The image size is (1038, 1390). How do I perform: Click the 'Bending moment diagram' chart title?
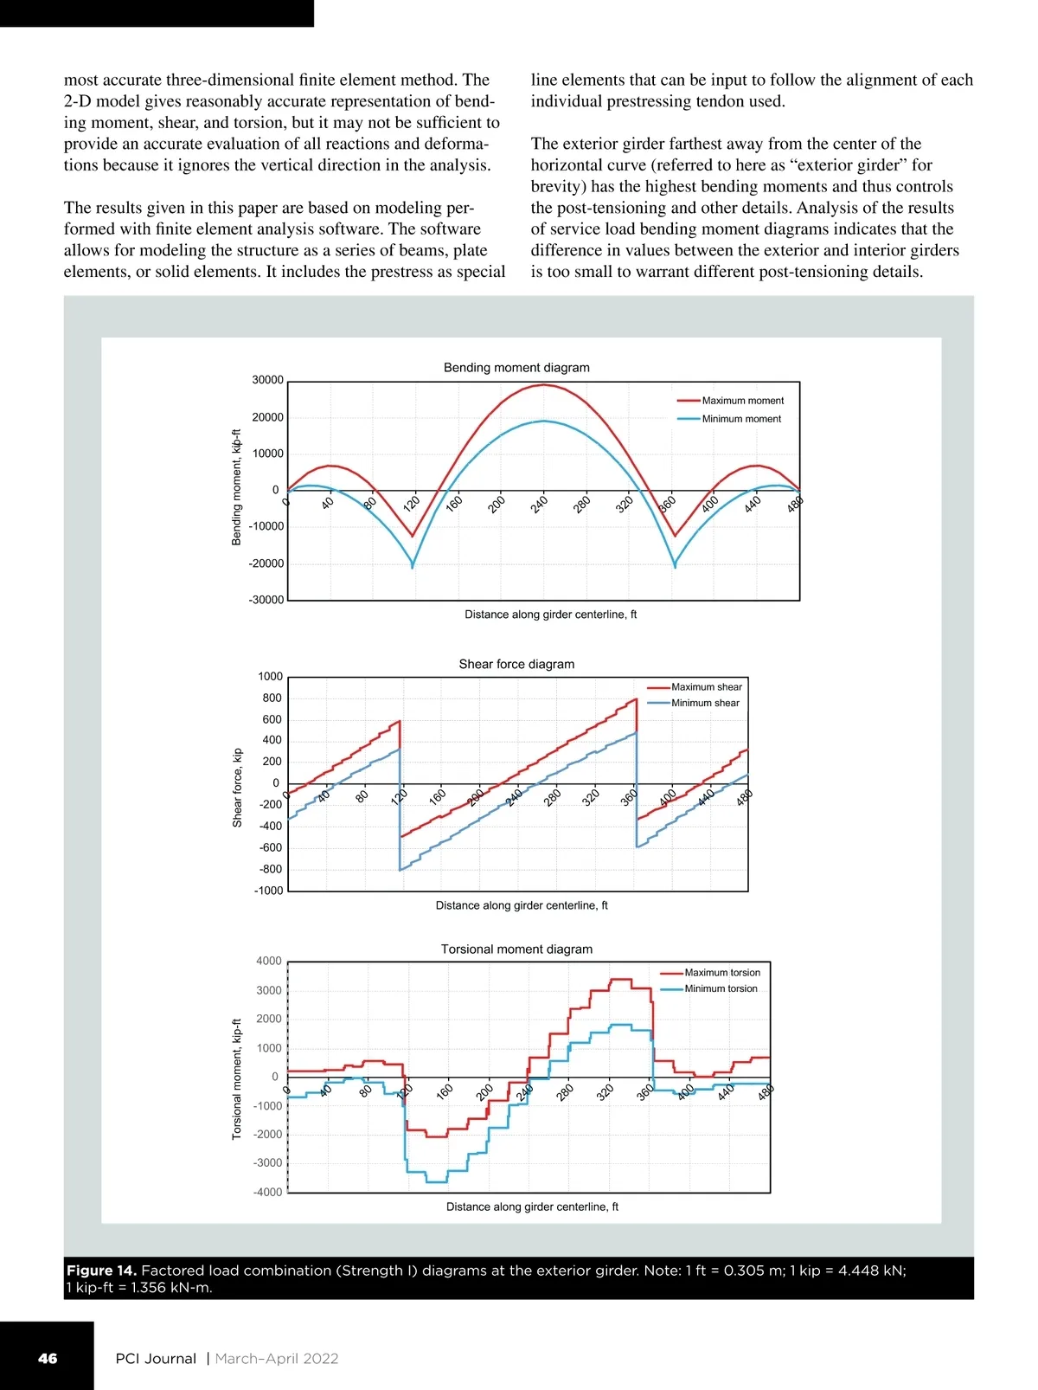516,368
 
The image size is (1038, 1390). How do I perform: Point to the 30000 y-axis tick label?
267,380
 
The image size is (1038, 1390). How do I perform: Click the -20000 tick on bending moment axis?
266,563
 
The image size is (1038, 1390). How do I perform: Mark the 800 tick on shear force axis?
272,698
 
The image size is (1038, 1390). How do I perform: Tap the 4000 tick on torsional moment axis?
269,961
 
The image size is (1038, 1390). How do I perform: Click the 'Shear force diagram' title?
516,665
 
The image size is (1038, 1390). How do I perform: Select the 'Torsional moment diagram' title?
516,949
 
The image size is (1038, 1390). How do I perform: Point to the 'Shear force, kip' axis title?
237,788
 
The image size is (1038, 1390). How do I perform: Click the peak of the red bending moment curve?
543,384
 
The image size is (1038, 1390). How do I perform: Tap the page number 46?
48,1359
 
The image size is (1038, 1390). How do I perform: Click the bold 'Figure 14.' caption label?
101,1271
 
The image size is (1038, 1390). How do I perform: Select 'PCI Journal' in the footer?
156,1359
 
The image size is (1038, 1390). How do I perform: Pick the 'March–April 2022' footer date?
277,1359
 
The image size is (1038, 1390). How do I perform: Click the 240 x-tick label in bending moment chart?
539,504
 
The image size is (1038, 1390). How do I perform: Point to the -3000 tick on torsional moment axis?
267,1163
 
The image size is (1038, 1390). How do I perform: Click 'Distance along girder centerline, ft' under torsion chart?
532,1207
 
